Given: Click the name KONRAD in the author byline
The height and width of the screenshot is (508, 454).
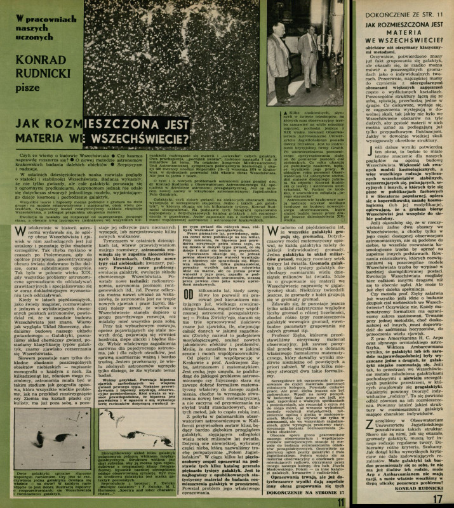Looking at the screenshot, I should (x=37, y=62).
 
